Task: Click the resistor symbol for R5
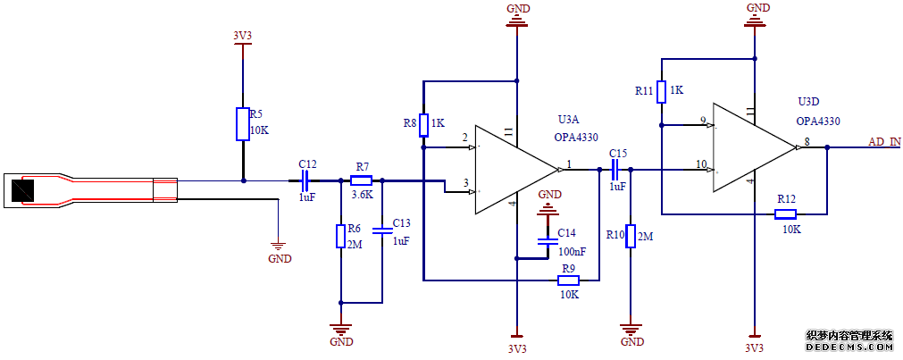click(242, 124)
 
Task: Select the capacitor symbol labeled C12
click(305, 180)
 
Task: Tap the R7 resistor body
click(362, 180)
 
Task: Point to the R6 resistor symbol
click(340, 236)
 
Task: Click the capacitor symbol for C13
click(382, 230)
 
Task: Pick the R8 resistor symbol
click(423, 125)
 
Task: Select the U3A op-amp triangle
click(514, 169)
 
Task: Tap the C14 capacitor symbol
click(546, 241)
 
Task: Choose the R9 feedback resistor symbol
click(569, 280)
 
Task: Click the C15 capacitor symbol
click(616, 169)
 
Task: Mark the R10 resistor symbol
click(631, 236)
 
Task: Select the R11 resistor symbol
click(662, 91)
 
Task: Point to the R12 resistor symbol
click(786, 213)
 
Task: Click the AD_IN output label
click(884, 142)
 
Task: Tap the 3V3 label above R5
click(242, 37)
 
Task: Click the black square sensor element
click(21, 189)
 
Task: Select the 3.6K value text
click(362, 194)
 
